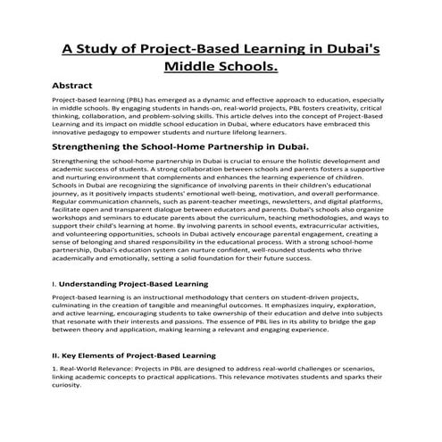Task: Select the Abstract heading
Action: click(79, 87)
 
